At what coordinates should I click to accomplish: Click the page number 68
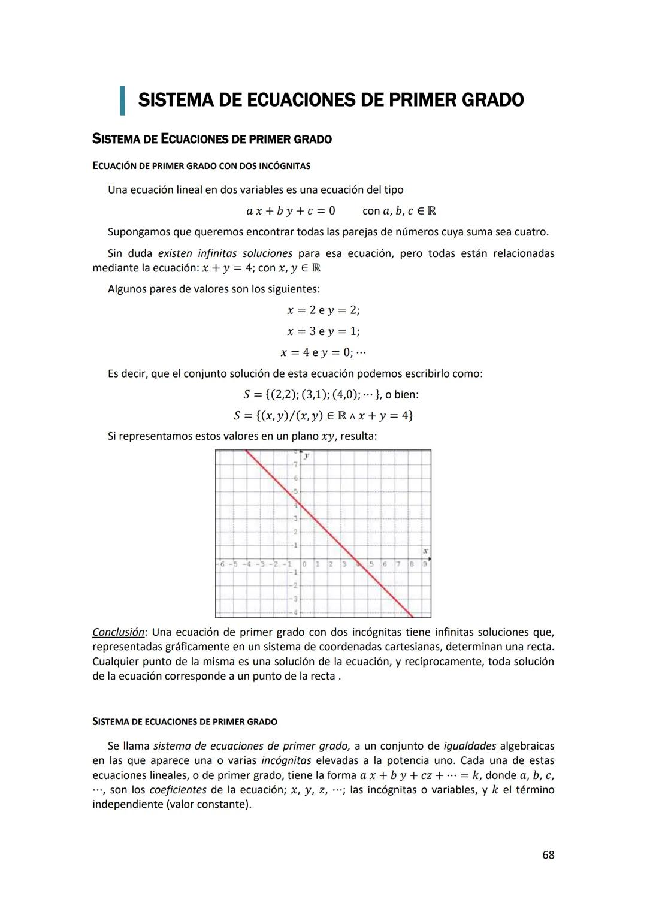[548, 855]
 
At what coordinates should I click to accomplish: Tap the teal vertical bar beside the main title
[122, 100]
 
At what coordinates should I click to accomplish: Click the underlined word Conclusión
[118, 632]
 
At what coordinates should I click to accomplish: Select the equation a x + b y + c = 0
[291, 211]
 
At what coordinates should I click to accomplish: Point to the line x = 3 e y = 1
[323, 331]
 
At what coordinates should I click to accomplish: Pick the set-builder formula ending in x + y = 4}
[323, 415]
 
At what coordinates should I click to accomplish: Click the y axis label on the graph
[306, 456]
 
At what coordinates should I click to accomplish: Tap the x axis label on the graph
[425, 551]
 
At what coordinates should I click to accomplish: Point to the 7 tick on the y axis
[295, 465]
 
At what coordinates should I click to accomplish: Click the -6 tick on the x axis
[221, 564]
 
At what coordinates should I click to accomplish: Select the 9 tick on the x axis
[425, 564]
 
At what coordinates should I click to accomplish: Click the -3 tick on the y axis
[294, 599]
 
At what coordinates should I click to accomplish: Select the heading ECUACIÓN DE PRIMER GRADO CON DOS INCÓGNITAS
[201, 165]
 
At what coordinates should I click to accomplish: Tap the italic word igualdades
[470, 746]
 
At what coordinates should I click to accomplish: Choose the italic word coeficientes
[177, 790]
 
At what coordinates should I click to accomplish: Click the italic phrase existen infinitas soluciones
[225, 253]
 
